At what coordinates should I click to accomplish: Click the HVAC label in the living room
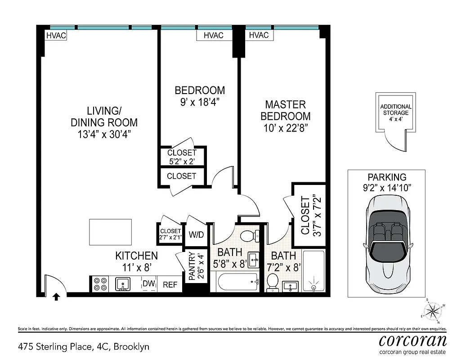(56, 35)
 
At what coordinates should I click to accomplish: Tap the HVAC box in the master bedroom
(258, 35)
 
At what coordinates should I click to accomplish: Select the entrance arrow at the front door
(56, 297)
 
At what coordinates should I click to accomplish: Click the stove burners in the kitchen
(100, 284)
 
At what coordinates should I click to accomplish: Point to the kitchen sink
(122, 284)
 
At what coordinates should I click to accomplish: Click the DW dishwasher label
(148, 283)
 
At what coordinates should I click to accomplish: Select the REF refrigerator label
(170, 284)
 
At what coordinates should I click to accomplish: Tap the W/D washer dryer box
(196, 234)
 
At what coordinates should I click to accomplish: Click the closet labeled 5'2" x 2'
(182, 156)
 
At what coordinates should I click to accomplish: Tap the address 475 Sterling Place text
(83, 346)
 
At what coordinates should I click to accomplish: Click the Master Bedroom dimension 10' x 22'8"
(286, 127)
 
